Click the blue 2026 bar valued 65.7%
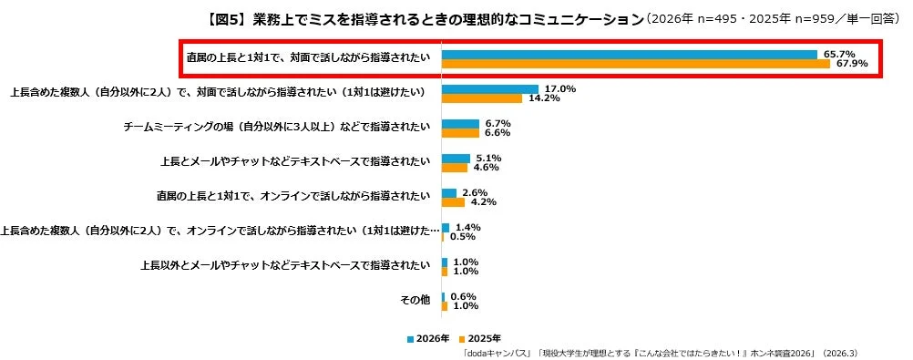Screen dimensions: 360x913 point(629,55)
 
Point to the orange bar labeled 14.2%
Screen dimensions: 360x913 point(482,98)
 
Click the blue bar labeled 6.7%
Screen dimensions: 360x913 point(460,123)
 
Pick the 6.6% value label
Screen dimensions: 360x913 point(497,133)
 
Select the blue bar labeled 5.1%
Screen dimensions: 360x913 point(456,158)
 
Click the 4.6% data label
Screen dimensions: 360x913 point(487,168)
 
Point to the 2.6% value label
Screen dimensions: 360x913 point(475,192)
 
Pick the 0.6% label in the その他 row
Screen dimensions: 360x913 point(463,296)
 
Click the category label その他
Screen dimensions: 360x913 point(416,300)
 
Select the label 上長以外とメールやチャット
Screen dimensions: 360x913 point(285,265)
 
